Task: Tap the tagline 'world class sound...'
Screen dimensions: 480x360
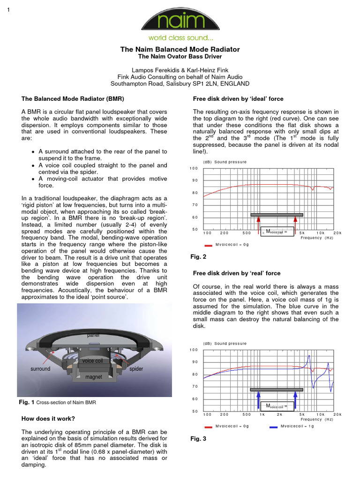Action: coord(180,37)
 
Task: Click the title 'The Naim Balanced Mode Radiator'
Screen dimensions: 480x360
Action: coord(180,49)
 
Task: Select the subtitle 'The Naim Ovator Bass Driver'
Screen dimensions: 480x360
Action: coord(180,57)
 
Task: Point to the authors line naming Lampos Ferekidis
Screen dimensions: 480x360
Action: coord(180,69)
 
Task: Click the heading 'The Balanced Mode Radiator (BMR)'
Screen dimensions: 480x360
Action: coord(73,99)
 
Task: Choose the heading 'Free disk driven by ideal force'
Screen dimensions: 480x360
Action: coord(238,99)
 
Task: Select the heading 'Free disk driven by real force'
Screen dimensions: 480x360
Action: coord(237,273)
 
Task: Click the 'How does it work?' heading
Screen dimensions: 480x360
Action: coord(48,419)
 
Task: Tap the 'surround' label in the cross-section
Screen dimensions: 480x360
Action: coord(40,369)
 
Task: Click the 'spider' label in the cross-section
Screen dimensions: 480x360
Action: coord(136,369)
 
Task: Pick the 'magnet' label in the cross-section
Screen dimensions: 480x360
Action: coord(93,377)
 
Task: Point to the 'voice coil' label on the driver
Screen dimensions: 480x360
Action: coord(92,361)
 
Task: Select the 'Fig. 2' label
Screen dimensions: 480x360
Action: coord(198,257)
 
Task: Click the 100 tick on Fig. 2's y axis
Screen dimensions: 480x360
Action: coord(194,168)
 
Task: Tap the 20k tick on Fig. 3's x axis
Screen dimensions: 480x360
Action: coord(337,414)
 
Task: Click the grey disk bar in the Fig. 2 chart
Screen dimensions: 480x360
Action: coord(277,215)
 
